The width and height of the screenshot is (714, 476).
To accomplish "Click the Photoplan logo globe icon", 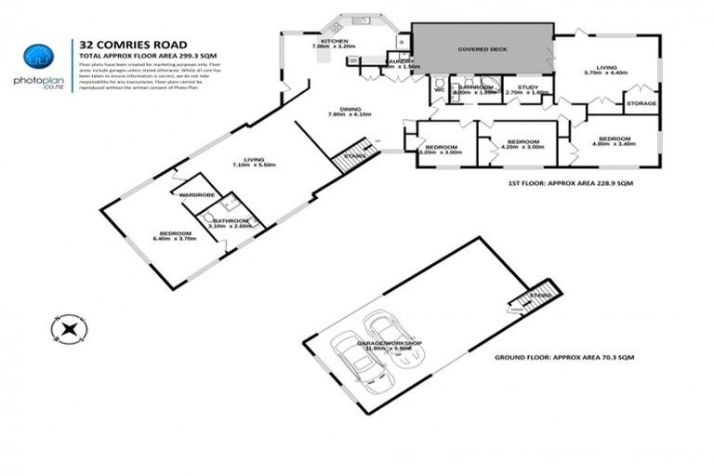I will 36,57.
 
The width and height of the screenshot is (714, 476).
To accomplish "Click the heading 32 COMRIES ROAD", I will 121,43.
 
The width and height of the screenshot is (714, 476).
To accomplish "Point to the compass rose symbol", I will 69,328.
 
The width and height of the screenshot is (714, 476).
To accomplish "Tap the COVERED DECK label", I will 483,49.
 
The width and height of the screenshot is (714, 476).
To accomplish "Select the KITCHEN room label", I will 334,42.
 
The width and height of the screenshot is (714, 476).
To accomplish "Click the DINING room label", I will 350,108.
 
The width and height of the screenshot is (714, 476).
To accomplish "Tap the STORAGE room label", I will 641,102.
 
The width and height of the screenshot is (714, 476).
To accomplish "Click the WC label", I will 438,90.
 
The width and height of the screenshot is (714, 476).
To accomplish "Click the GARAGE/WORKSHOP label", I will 390,343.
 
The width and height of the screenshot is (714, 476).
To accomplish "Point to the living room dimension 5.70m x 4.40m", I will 606,72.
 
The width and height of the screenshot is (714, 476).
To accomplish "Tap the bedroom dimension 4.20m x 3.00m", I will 521,147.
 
